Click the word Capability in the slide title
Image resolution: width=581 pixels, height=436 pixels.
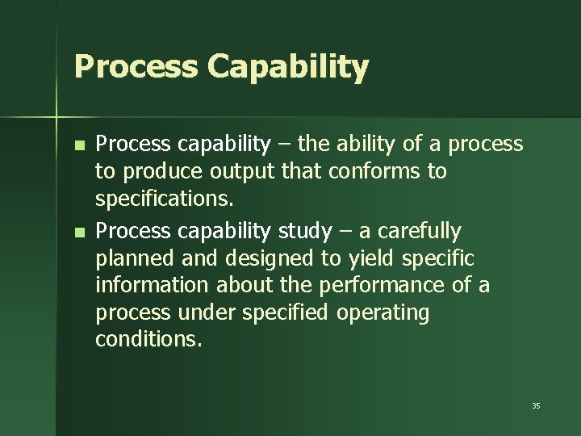pos(287,68)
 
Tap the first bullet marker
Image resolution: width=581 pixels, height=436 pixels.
pos(78,146)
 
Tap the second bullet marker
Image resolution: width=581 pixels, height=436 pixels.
pos(78,233)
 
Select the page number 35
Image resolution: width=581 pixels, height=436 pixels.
pos(536,405)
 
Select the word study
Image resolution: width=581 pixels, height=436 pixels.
pos(304,232)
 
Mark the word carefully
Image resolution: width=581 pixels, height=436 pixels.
pos(418,232)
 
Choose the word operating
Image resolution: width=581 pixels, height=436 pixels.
pos(382,312)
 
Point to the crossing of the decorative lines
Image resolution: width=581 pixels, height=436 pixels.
pos(56,118)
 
